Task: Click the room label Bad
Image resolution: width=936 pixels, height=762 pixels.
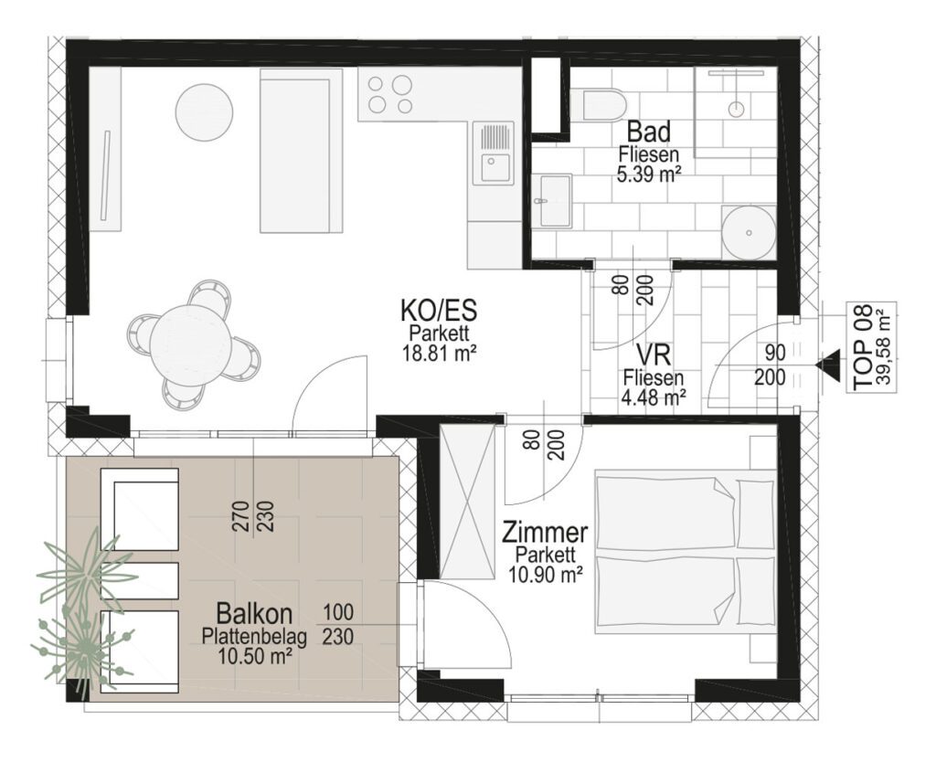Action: tap(649, 132)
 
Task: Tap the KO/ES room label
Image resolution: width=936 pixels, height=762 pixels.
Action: tap(439, 312)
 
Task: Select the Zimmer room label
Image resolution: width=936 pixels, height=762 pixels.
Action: tap(545, 531)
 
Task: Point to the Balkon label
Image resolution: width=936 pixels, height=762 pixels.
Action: tap(254, 613)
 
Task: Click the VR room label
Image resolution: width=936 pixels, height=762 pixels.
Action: tap(654, 356)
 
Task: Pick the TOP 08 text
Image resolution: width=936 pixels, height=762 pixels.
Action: tap(863, 348)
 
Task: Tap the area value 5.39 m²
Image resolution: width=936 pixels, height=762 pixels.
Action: tap(649, 173)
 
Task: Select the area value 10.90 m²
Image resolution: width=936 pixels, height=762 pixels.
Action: tap(545, 574)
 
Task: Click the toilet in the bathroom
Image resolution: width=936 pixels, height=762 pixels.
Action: tap(598, 106)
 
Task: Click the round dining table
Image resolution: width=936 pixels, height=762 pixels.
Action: tap(190, 344)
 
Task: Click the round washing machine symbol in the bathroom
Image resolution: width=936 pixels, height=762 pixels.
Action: tap(749, 233)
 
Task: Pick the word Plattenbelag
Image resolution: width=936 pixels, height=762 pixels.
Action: tap(254, 638)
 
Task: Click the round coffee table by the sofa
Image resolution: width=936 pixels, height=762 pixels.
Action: tap(204, 112)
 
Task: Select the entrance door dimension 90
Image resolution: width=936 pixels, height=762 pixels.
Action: tap(775, 354)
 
